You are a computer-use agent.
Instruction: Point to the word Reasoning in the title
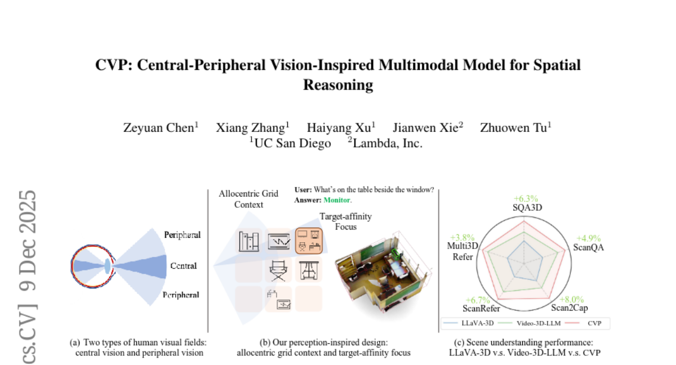338,85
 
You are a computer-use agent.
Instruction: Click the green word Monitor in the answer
337,200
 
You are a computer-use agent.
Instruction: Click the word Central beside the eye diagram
183,265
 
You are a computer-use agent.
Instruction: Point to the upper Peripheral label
182,234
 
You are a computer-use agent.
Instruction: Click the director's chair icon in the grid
279,270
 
